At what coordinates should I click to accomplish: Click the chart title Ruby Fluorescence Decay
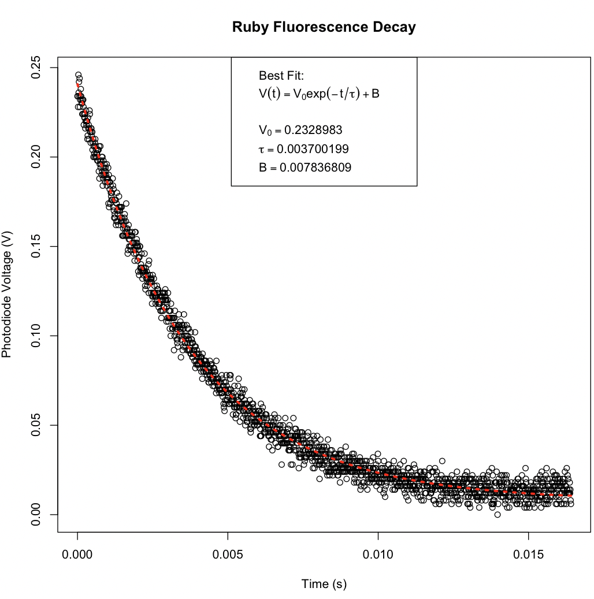(324, 28)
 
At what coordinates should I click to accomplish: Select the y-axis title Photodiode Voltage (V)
(7, 295)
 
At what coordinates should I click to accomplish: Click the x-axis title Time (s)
(324, 584)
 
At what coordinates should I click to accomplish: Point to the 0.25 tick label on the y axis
(36, 68)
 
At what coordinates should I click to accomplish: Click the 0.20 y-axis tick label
(36, 157)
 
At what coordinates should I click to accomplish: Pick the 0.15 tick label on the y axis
(36, 247)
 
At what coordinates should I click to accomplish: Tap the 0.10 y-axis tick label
(36, 336)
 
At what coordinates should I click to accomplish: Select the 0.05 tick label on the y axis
(36, 425)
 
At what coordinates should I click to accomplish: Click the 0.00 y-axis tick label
(36, 515)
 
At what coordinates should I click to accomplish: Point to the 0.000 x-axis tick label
(77, 555)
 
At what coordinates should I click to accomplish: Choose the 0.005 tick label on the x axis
(228, 555)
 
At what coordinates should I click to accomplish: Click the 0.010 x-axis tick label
(378, 555)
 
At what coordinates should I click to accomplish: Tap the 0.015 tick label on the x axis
(528, 555)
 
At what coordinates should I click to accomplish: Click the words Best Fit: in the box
(281, 76)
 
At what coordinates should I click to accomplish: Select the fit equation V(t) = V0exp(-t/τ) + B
(319, 94)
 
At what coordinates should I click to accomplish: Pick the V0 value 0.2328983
(300, 131)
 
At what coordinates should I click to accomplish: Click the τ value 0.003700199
(304, 149)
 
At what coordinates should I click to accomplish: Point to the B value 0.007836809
(305, 168)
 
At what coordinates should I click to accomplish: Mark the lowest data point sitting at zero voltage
(498, 515)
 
